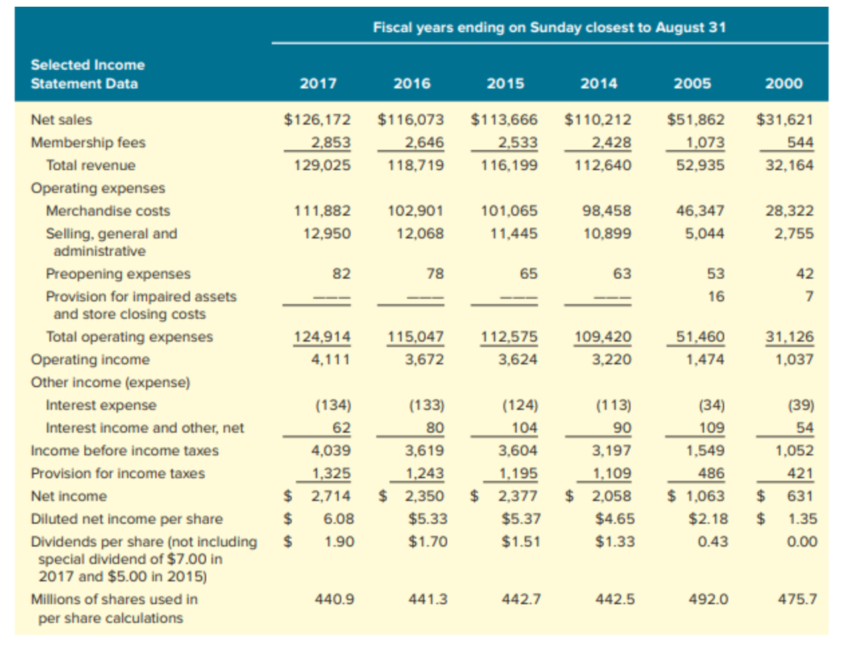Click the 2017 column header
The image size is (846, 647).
[318, 84]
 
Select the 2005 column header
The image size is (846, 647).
[692, 84]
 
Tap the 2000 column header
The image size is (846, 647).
[784, 84]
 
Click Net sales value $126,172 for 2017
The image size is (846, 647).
[317, 120]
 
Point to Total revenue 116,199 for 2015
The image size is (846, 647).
[509, 165]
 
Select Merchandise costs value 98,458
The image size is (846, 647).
[606, 211]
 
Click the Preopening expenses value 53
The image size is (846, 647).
[715, 274]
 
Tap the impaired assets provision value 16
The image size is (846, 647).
[715, 297]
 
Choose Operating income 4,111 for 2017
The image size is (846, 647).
[331, 360]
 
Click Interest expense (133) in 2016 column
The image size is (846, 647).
[426, 405]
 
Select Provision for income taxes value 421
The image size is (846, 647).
[800, 474]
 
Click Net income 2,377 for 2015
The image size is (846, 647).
[517, 496]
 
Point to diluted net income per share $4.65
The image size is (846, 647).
[614, 519]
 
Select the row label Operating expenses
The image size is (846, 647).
[98, 188]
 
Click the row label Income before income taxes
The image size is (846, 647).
[124, 451]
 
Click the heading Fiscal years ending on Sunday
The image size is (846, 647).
[549, 27]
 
